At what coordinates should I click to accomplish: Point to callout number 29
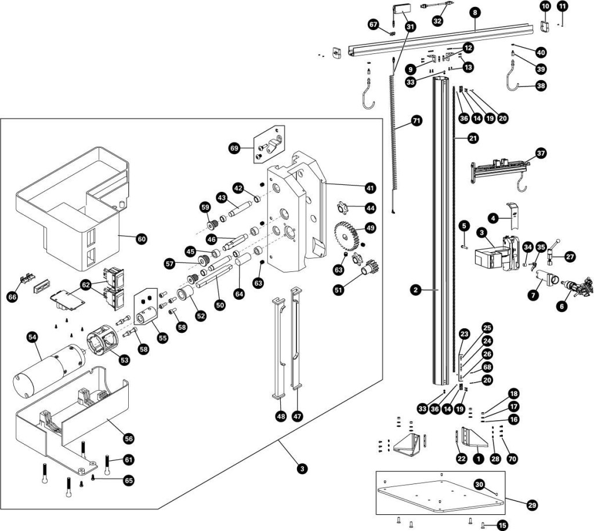pyautogui.click(x=531, y=505)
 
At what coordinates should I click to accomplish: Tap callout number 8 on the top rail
pyautogui.click(x=476, y=12)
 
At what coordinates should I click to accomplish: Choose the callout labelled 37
pyautogui.click(x=541, y=154)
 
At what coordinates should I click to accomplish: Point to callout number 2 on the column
pyautogui.click(x=415, y=288)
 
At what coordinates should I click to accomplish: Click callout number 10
pyautogui.click(x=545, y=6)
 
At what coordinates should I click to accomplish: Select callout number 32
pyautogui.click(x=437, y=20)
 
